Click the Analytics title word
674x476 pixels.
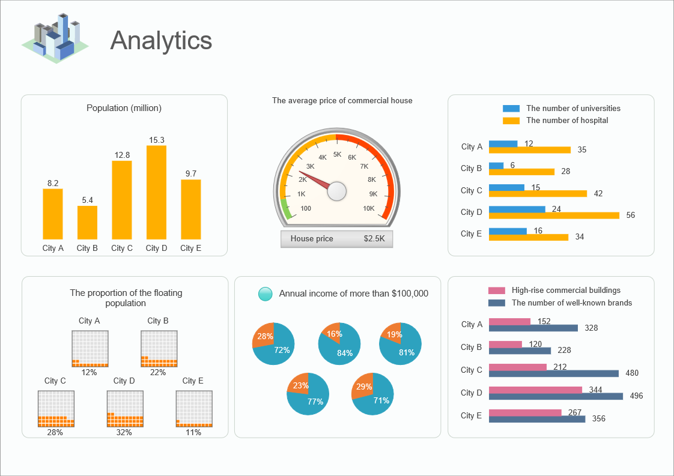pos(161,41)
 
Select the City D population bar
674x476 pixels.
pos(156,192)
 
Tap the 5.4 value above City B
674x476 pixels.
pos(88,200)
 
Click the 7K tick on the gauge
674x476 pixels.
pos(364,166)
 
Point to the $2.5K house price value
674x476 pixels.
pos(375,239)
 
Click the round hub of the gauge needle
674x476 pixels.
pos(337,191)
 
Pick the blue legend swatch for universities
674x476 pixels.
pos(511,109)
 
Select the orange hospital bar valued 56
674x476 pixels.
pos(554,215)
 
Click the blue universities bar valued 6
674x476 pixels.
pos(496,166)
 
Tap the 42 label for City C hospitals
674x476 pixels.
pos(598,193)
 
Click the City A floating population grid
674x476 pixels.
pos(90,349)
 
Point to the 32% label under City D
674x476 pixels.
pos(124,432)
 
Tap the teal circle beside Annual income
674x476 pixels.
pos(265,294)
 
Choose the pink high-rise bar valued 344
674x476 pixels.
pos(535,390)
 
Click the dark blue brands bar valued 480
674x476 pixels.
pos(553,373)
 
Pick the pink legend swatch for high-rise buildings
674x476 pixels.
pos(496,291)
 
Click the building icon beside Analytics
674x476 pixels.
pos(55,39)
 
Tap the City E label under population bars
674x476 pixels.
pos(191,249)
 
